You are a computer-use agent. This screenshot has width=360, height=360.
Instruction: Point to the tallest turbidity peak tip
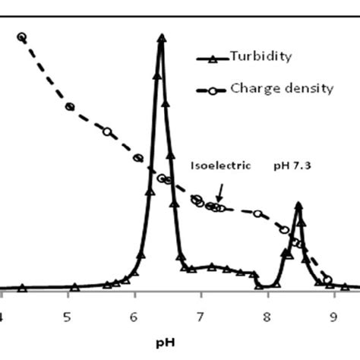(161, 37)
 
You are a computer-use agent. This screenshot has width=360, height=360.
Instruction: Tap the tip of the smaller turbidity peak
(299, 204)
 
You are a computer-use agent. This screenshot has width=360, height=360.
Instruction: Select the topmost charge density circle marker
(21, 37)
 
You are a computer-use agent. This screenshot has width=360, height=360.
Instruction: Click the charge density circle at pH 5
(69, 107)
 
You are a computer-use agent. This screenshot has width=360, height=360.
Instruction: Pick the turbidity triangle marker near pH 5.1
(74, 287)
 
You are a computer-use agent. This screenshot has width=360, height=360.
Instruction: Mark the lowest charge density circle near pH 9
(328, 279)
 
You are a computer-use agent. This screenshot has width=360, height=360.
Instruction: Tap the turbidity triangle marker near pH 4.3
(22, 289)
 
